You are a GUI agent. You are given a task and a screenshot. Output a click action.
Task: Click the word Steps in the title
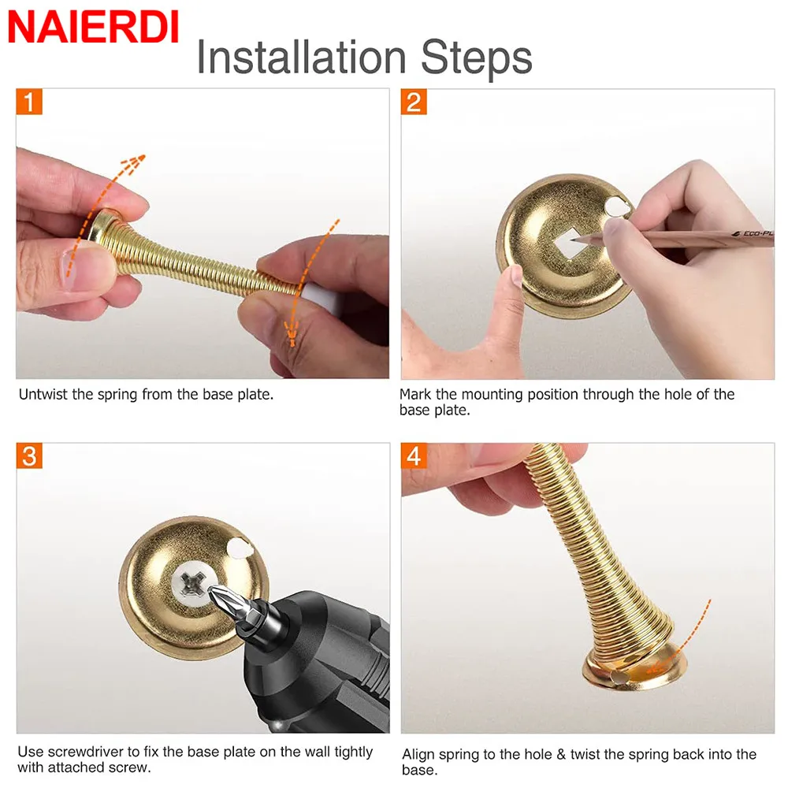click(477, 58)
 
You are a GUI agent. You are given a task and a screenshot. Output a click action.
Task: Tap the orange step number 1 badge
click(29, 102)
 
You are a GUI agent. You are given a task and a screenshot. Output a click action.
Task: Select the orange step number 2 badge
click(414, 102)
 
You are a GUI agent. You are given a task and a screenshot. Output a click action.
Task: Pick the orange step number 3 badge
click(29, 455)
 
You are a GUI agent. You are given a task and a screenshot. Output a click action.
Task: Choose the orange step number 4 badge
click(414, 455)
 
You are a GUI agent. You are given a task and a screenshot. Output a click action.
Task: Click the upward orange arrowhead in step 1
click(134, 163)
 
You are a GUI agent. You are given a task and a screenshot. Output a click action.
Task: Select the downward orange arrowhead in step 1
click(292, 335)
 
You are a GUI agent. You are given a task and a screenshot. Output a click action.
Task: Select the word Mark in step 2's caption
click(415, 395)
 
